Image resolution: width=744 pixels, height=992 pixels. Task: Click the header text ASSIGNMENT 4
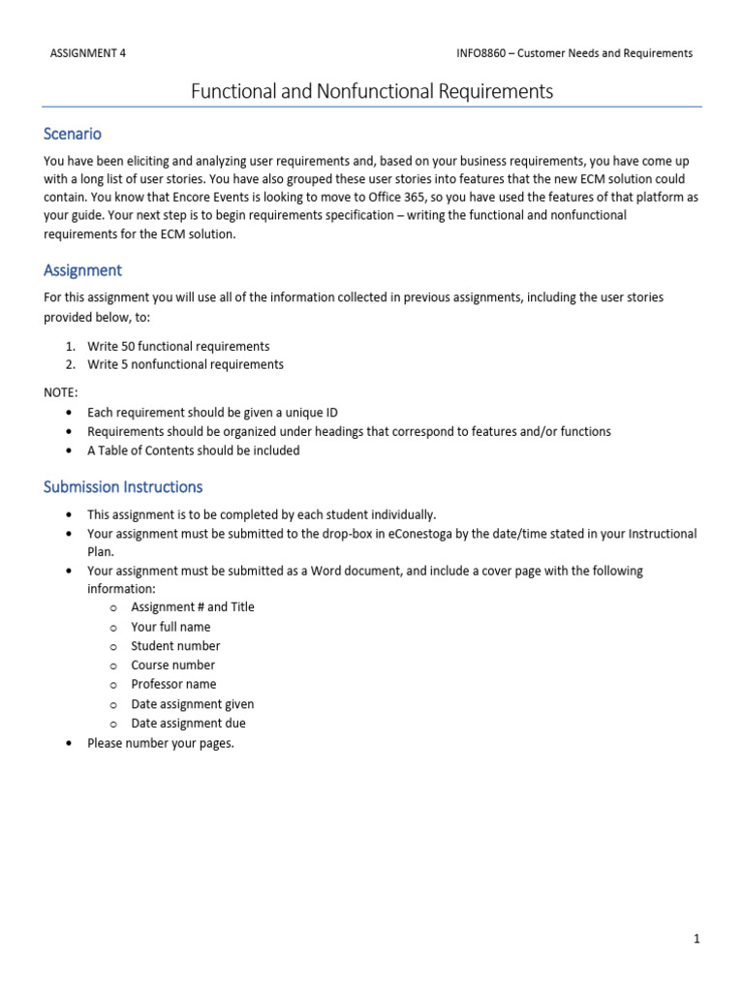(x=87, y=53)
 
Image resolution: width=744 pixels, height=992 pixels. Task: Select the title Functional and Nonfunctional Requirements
(x=372, y=91)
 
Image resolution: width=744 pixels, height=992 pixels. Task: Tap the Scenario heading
(x=73, y=134)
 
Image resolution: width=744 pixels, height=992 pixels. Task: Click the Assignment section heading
(x=82, y=270)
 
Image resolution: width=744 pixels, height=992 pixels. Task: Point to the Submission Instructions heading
(x=123, y=486)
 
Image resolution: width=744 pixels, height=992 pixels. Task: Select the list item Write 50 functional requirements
(x=178, y=346)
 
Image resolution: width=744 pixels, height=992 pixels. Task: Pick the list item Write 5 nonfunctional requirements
(x=185, y=364)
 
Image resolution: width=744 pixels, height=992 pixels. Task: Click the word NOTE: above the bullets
(x=60, y=392)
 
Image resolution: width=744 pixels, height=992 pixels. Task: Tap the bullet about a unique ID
(x=212, y=412)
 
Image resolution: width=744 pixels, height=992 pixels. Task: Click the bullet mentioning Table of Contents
(x=193, y=450)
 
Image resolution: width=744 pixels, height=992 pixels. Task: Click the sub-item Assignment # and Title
(x=193, y=606)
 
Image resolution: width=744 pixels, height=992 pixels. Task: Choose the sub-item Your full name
(x=170, y=627)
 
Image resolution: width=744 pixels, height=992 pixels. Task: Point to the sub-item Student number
(x=175, y=645)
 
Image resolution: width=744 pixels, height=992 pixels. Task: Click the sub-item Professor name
(x=173, y=684)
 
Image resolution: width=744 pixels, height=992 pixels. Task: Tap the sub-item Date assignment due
(x=188, y=723)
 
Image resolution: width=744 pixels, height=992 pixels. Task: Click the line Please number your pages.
(x=161, y=744)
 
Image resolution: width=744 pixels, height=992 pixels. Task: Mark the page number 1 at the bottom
(x=696, y=938)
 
